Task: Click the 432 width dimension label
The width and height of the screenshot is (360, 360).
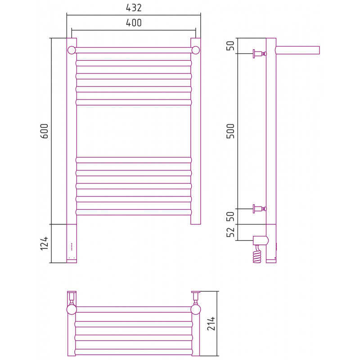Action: click(x=134, y=8)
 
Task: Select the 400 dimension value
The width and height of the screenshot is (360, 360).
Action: click(x=134, y=23)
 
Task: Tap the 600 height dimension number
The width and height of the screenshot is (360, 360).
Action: click(x=44, y=131)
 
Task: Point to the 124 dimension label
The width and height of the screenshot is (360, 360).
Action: click(x=44, y=243)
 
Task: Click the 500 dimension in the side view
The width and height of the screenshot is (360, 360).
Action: click(x=230, y=131)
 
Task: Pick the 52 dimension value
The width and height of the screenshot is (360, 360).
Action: click(x=230, y=232)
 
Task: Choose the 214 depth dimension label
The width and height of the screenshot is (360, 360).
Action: click(x=211, y=324)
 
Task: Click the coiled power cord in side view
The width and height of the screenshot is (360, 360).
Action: click(x=257, y=254)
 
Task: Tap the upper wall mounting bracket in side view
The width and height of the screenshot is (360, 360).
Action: click(x=260, y=54)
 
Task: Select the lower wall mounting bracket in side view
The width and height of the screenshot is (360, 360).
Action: click(x=260, y=209)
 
